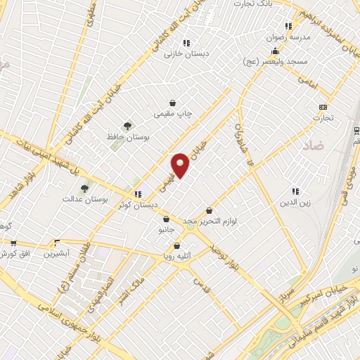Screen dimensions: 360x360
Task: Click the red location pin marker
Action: point(180,165)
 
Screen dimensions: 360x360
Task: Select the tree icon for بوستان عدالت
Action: point(85,188)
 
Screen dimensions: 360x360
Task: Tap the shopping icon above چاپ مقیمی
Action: point(173,103)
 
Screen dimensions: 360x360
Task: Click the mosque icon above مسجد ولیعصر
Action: point(275,51)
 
